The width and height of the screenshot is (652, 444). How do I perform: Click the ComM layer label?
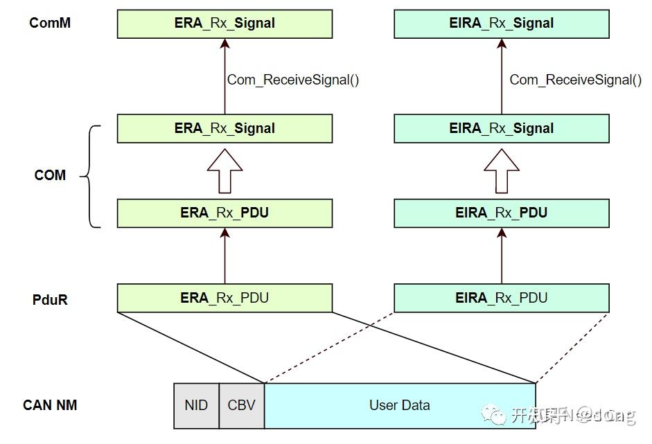tap(50, 23)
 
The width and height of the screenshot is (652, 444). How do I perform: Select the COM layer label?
tap(50, 175)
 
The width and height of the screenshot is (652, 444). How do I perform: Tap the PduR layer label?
tap(50, 300)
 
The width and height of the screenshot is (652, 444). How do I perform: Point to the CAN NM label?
tap(50, 405)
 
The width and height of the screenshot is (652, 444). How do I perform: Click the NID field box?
tap(196, 405)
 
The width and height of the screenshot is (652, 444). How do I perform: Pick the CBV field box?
tap(241, 405)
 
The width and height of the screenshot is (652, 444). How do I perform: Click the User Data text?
tap(399, 405)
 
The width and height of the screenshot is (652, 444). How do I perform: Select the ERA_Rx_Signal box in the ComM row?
tap(224, 24)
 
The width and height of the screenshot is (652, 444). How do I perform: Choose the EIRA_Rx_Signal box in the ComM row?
tap(502, 24)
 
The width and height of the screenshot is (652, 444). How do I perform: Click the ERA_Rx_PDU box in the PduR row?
tap(224, 298)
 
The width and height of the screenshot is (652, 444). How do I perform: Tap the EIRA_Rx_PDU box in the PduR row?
tap(502, 298)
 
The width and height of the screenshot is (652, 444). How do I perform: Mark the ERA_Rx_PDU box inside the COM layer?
tap(224, 213)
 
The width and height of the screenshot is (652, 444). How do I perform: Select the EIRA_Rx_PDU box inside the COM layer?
tap(502, 213)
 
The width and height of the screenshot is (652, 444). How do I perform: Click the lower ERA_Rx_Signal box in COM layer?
tap(224, 128)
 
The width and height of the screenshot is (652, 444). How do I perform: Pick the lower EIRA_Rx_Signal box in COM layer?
tap(502, 128)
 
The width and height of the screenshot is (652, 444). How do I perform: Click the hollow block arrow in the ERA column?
tap(224, 171)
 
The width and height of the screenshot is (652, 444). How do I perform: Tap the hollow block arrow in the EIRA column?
tap(502, 171)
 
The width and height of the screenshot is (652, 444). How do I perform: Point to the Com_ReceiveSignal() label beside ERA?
tap(293, 80)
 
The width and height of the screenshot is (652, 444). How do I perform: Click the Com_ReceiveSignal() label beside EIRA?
tap(575, 80)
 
